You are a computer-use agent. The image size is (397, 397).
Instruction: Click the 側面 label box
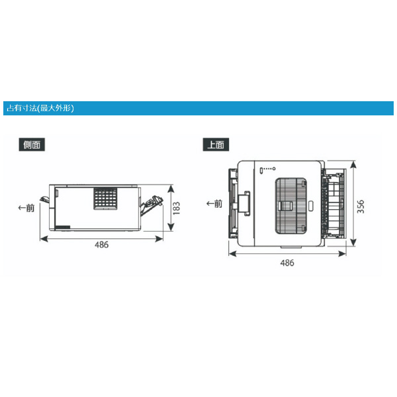click(32, 144)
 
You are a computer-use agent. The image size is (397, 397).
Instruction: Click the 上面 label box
click(216, 144)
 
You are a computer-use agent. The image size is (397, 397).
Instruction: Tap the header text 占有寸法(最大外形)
click(40, 109)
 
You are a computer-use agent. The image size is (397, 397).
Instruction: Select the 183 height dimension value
click(177, 208)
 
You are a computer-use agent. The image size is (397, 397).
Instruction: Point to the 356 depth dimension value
click(361, 206)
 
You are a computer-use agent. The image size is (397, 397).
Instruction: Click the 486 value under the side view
click(101, 245)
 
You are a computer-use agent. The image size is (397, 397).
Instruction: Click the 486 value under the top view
click(287, 263)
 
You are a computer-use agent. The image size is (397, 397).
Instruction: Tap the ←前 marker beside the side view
click(26, 208)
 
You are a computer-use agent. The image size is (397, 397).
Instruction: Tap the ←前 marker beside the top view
click(214, 204)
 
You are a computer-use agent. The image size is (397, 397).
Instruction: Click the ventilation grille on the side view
click(106, 198)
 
